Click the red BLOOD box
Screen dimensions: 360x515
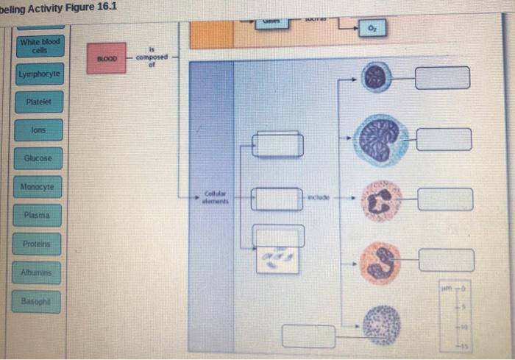(x=107, y=58)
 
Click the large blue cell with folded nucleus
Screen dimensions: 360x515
(x=381, y=139)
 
